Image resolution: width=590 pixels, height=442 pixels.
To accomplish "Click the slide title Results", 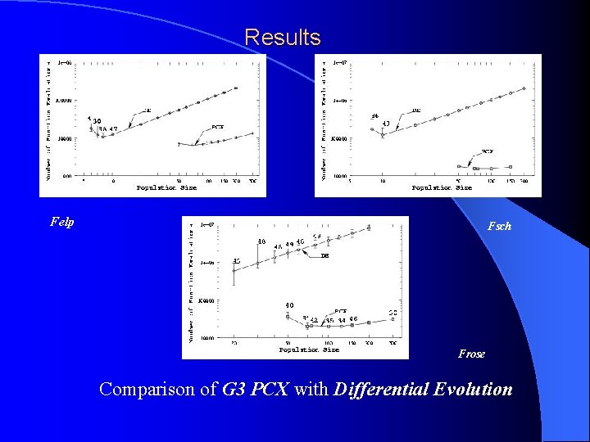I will (x=283, y=38).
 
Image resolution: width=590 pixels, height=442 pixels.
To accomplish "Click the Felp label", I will (x=62, y=222).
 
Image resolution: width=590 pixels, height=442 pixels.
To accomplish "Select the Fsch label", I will (x=499, y=226).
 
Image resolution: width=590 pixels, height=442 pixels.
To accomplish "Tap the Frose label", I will (x=471, y=354).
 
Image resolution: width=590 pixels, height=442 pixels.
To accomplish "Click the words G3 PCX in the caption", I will (x=256, y=389).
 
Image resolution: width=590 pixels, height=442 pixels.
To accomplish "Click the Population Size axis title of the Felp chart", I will (x=166, y=187).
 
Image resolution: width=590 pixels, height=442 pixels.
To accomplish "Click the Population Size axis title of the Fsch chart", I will (x=442, y=187).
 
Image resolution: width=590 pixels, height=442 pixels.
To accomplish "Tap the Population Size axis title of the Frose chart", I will (x=309, y=350).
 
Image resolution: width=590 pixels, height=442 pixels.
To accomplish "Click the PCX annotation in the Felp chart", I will (x=217, y=127).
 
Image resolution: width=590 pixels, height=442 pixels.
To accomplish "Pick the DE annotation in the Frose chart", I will (x=324, y=255).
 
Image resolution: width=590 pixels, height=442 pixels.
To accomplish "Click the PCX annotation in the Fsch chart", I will (x=487, y=151).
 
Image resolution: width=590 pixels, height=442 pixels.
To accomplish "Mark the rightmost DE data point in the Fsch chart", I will (x=524, y=88).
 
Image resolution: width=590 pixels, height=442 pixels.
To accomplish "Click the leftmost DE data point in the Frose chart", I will (x=234, y=270).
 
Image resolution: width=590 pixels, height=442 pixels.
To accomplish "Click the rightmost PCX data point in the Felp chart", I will (x=253, y=133).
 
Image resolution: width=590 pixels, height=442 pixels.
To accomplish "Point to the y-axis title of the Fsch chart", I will (x=323, y=123).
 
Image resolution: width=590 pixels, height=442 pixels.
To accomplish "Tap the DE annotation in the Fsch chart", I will (x=416, y=110).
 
